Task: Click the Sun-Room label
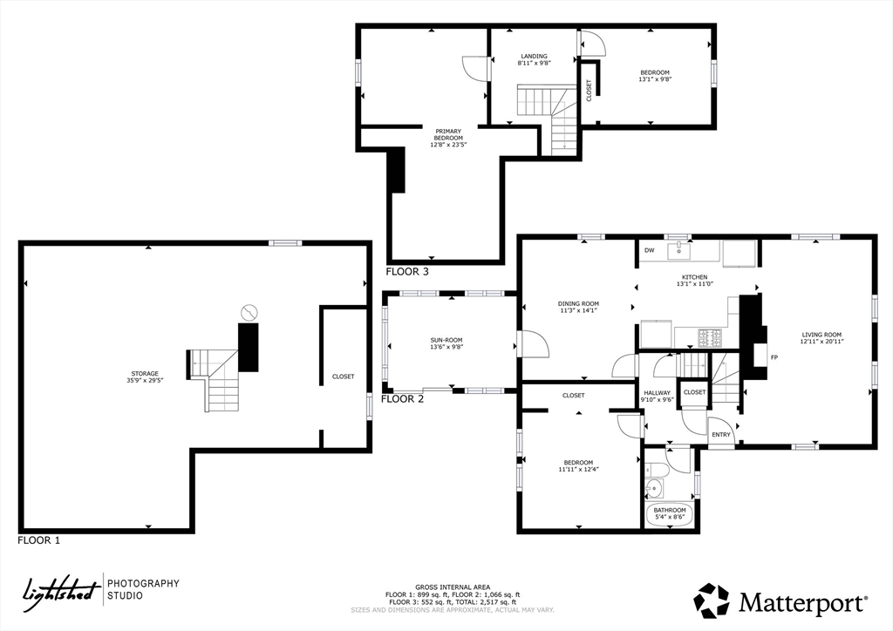tap(446, 343)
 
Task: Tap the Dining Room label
tap(578, 307)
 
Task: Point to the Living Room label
tap(821, 338)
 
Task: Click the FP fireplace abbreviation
tap(774, 357)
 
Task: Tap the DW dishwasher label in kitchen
tap(649, 250)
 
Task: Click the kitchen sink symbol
tap(678, 248)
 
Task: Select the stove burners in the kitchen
tap(710, 338)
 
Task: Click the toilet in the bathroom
tap(656, 470)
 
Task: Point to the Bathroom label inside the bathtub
tap(670, 514)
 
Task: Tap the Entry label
tap(721, 435)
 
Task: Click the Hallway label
tap(658, 396)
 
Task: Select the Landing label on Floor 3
tap(535, 60)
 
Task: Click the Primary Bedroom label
tap(448, 138)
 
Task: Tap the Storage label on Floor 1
tap(145, 377)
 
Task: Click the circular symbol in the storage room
tap(249, 312)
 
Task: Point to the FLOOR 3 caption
tap(407, 271)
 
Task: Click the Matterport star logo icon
tap(712, 600)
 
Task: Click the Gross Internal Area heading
tap(453, 587)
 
